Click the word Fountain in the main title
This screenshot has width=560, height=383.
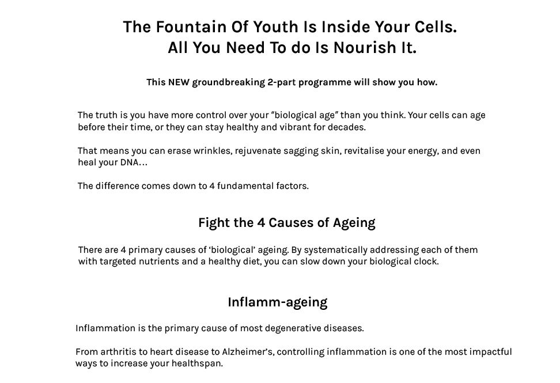tap(191, 27)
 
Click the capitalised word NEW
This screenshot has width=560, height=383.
tap(179, 82)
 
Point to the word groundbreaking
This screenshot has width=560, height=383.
tap(229, 82)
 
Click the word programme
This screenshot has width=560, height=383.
tap(325, 83)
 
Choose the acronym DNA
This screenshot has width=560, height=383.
tap(129, 163)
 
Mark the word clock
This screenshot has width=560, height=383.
tap(426, 261)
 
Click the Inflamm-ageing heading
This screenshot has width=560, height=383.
tap(278, 302)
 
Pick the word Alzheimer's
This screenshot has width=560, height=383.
tap(248, 352)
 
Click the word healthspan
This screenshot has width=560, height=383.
tap(197, 364)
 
